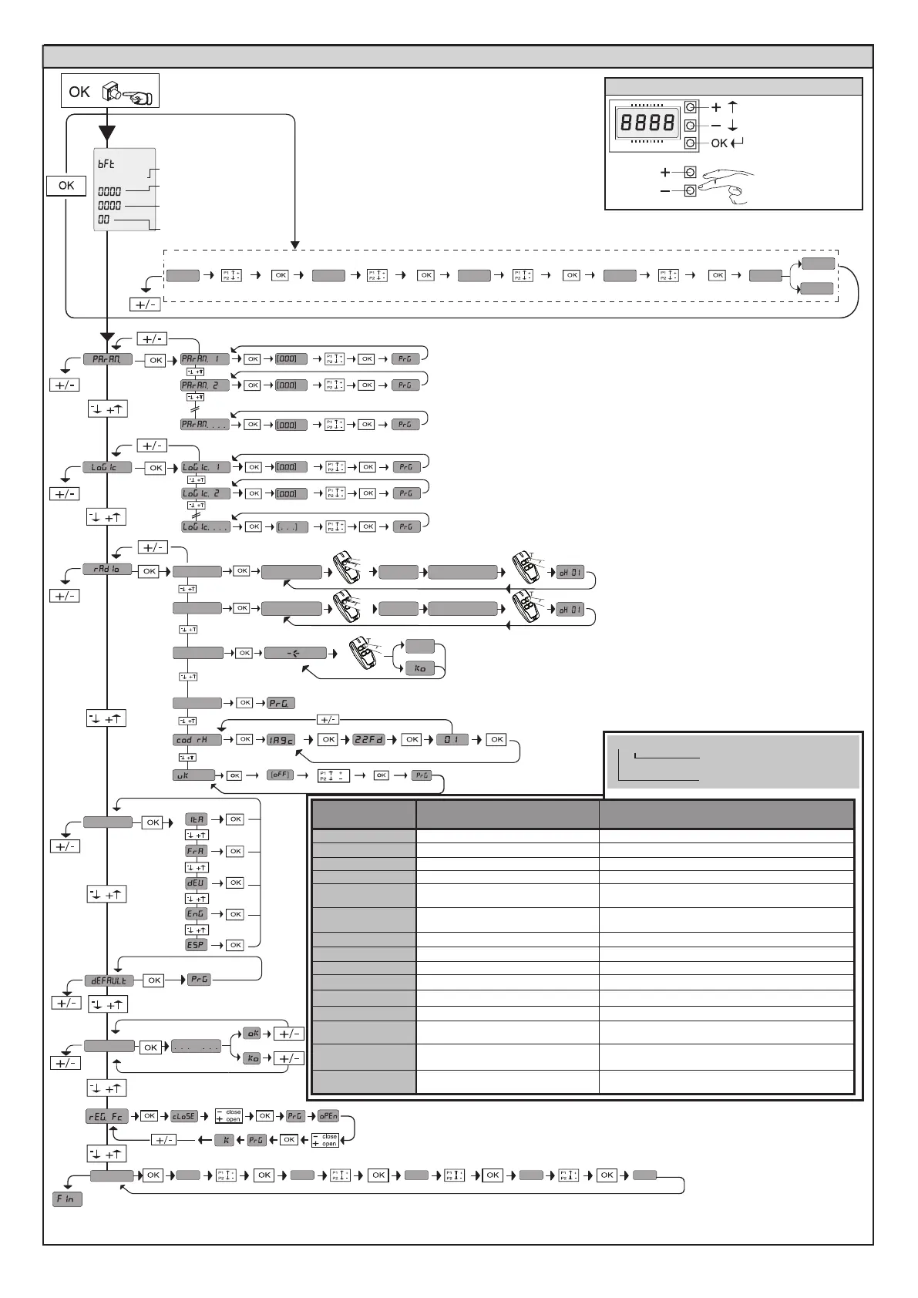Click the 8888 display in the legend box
(x=648, y=123)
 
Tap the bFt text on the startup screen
(x=106, y=164)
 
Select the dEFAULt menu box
(x=109, y=981)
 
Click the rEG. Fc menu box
(x=107, y=1116)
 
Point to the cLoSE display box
(x=184, y=1116)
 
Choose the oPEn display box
(x=328, y=1115)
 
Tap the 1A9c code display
(x=281, y=740)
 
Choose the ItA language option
(x=197, y=819)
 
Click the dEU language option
(x=197, y=883)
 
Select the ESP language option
(x=197, y=945)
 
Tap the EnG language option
(x=197, y=914)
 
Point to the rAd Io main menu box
(x=107, y=570)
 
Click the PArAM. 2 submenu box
(x=205, y=385)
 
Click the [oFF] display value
(x=279, y=775)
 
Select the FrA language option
(x=197, y=851)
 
